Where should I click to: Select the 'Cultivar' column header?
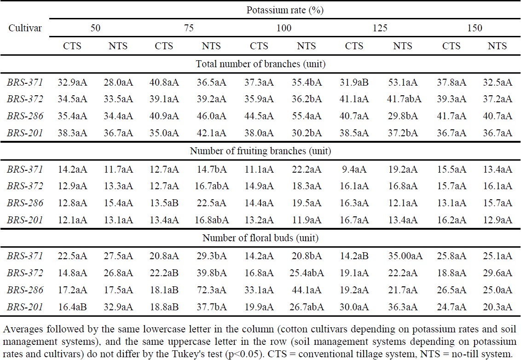pyautogui.click(x=25, y=28)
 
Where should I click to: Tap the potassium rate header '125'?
pyautogui.click(x=380, y=28)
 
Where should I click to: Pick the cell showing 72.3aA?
pyautogui.click(x=213, y=290)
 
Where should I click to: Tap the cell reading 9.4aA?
pyautogui.click(x=355, y=169)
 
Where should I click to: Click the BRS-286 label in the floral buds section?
pyautogui.click(x=25, y=290)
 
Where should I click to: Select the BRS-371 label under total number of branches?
pyautogui.click(x=25, y=83)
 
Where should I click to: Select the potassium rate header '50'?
pyautogui.click(x=95, y=28)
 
